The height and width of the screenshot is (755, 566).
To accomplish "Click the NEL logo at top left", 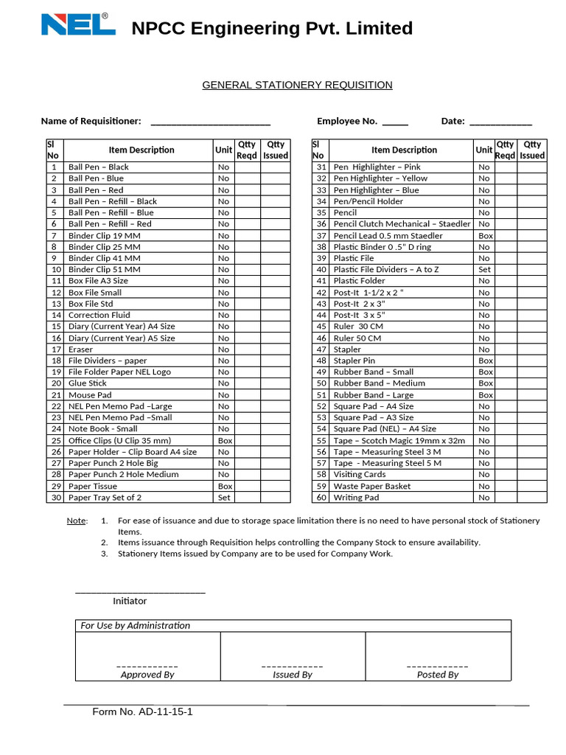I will (x=77, y=24).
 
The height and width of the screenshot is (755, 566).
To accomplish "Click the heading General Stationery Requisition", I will (x=297, y=85).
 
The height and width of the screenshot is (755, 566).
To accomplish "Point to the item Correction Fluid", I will (x=99, y=315).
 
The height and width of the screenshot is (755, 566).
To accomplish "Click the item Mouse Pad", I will (x=90, y=395).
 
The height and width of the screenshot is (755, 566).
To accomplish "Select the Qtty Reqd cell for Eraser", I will (x=248, y=349).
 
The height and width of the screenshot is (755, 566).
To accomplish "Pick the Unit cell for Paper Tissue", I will (x=224, y=487).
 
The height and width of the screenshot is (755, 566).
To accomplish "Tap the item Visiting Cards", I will (x=359, y=475).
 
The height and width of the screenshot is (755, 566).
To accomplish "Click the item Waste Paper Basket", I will (x=371, y=487).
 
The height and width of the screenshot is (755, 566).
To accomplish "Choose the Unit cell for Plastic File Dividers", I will (x=484, y=270).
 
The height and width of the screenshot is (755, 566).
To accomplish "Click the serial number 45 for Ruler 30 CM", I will (x=321, y=327).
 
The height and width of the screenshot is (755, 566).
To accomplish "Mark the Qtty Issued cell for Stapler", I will (x=531, y=349).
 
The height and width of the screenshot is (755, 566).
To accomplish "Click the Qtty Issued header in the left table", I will (x=276, y=150).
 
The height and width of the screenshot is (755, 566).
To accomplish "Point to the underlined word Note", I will (x=76, y=521).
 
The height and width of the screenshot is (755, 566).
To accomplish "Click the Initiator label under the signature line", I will (x=130, y=601).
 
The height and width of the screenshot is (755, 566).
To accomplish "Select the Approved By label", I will (x=147, y=675).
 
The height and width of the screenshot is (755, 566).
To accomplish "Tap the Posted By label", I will (x=438, y=675).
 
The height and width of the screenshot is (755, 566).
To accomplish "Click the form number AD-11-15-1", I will (x=142, y=712).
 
